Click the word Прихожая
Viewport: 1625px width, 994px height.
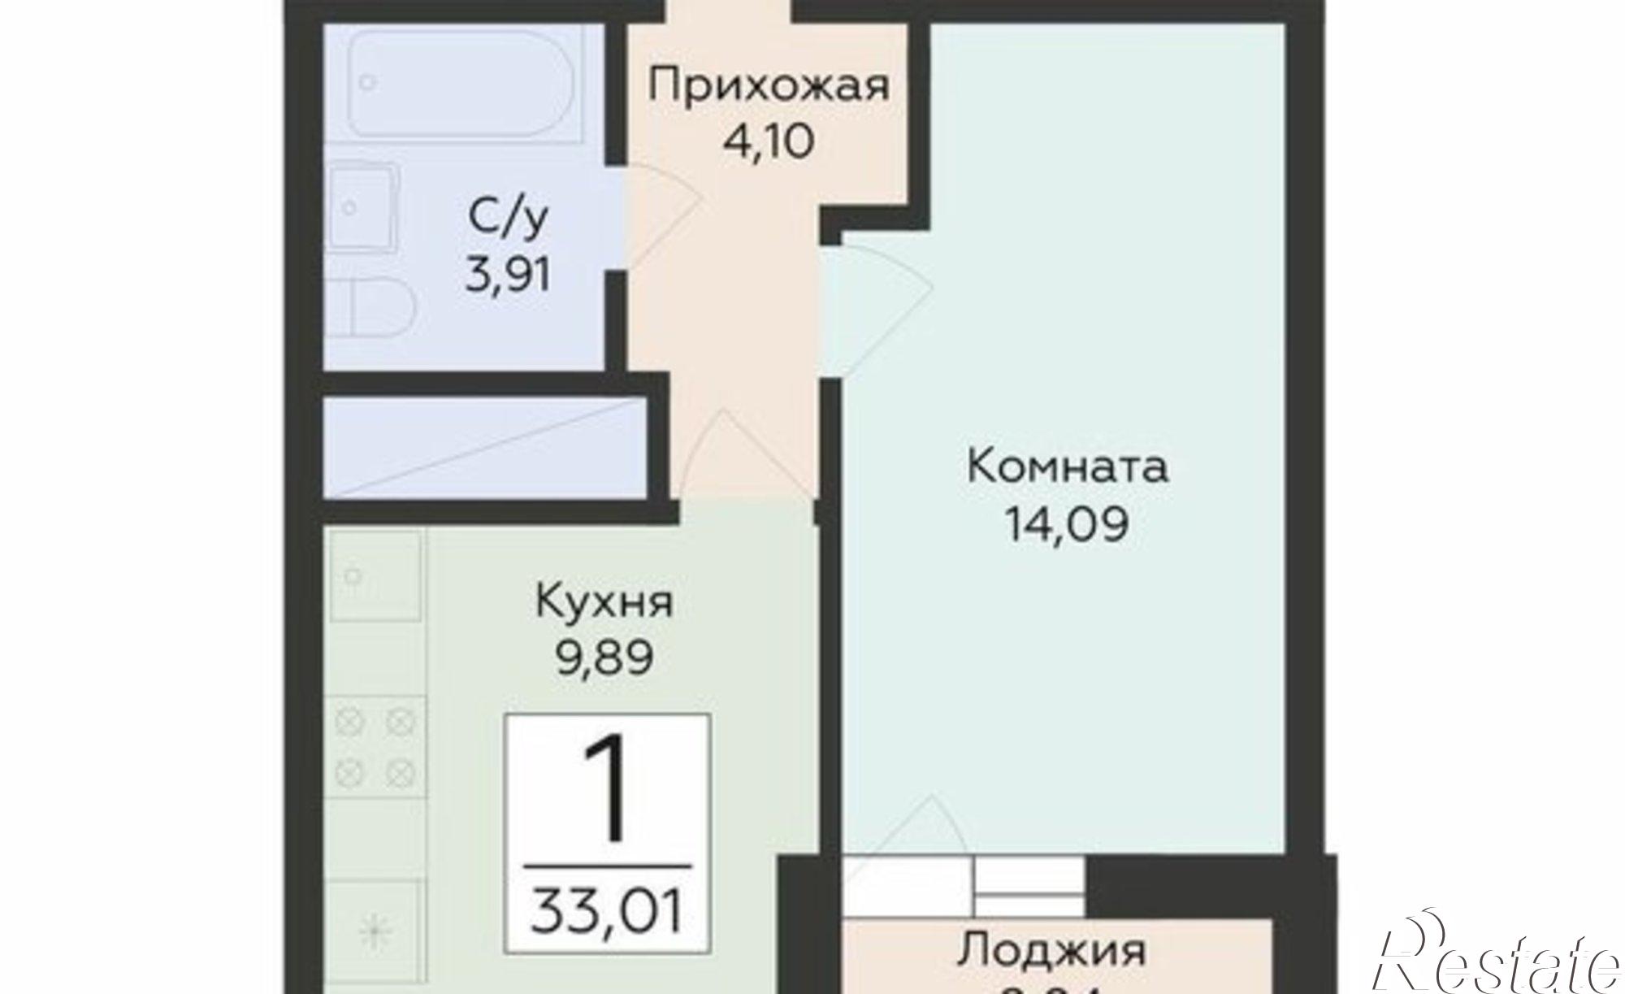pyautogui.click(x=768, y=85)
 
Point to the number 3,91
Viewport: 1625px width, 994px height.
pyautogui.click(x=509, y=275)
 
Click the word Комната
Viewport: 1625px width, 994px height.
pyautogui.click(x=1067, y=467)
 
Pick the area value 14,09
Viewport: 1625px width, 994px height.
pyautogui.click(x=1067, y=524)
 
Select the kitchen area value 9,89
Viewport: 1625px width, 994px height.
pyautogui.click(x=604, y=658)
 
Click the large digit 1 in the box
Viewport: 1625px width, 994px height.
pyautogui.click(x=605, y=788)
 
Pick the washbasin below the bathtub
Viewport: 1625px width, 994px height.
pyautogui.click(x=362, y=208)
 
